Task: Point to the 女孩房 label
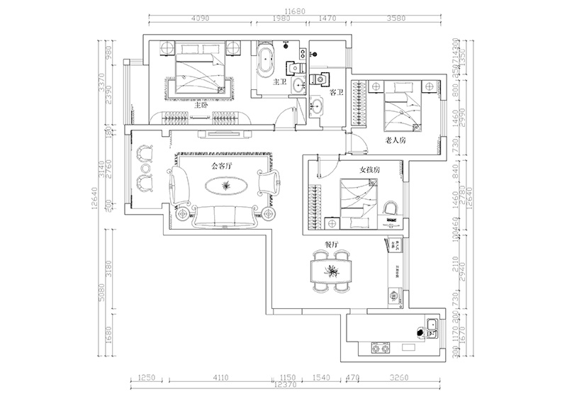(x=371, y=170)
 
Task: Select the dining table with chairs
(x=331, y=271)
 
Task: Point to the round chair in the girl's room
(x=390, y=208)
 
